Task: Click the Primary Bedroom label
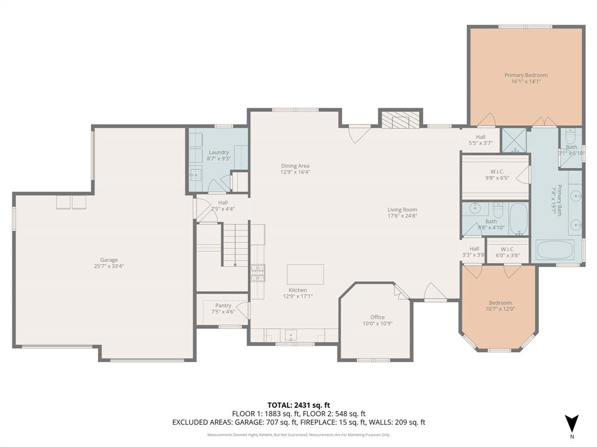[x=526, y=75]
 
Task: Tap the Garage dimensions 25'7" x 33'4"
[x=108, y=267]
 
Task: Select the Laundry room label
[x=219, y=152]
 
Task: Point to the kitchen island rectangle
[x=305, y=274]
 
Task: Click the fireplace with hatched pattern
[x=401, y=120]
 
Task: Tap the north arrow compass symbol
[x=571, y=424]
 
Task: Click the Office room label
[x=377, y=317]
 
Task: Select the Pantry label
[x=223, y=306]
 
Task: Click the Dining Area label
[x=295, y=166]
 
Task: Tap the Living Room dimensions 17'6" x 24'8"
[x=402, y=216]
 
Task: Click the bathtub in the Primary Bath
[x=555, y=250]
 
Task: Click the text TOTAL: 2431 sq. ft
[x=298, y=405]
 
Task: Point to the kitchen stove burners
[x=258, y=272]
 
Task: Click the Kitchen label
[x=297, y=290]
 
